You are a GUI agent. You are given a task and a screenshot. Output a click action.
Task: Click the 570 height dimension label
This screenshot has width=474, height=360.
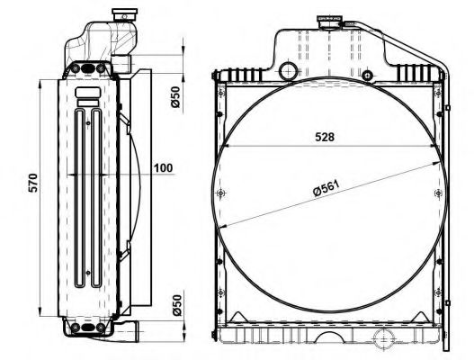pyautogui.click(x=32, y=183)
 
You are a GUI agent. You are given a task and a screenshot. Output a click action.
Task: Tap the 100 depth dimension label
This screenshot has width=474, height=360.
pyautogui.click(x=163, y=168)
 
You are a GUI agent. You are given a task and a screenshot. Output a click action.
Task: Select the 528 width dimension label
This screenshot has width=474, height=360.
pyautogui.click(x=325, y=137)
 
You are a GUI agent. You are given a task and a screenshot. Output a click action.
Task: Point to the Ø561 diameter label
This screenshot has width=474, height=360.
pyautogui.click(x=326, y=188)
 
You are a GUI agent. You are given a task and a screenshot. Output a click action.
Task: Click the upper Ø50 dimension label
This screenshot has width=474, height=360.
pyautogui.click(x=175, y=97)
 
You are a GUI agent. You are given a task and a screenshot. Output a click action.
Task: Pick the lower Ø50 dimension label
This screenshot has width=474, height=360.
pyautogui.click(x=176, y=305)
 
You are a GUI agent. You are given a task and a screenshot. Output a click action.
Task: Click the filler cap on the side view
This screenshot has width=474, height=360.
pyautogui.click(x=125, y=14)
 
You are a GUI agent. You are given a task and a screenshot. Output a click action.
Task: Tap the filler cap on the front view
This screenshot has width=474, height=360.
pyautogui.click(x=329, y=22)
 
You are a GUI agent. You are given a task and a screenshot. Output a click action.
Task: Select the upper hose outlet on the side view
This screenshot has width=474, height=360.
pyautogui.click(x=121, y=64)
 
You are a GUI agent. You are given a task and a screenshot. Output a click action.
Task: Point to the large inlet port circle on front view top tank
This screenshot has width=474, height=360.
pyautogui.click(x=288, y=71)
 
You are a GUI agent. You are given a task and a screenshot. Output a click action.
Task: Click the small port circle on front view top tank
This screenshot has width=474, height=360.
pyautogui.click(x=367, y=75)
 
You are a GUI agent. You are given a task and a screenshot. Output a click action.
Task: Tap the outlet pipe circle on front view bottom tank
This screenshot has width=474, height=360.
pyautogui.click(x=384, y=338)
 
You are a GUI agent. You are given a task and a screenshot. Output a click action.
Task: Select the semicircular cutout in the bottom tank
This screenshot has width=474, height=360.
pyautogui.click(x=328, y=338)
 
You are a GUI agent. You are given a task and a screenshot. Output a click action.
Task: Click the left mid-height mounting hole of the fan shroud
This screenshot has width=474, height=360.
pyautogui.click(x=221, y=193)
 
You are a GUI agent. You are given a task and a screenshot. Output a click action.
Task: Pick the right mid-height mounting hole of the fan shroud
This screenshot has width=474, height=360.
pyautogui.click(x=439, y=193)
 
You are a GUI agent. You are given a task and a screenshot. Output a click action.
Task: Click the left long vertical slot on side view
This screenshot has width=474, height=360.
pyautogui.click(x=80, y=198)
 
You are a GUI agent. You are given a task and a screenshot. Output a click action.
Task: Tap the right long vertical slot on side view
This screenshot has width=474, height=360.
pyautogui.click(x=96, y=198)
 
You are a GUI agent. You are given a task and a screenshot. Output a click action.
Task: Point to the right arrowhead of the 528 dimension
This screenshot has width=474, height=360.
pyautogui.click(x=434, y=146)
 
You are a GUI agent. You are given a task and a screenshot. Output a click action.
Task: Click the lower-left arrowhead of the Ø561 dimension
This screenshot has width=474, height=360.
pyautogui.click(x=223, y=226)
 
